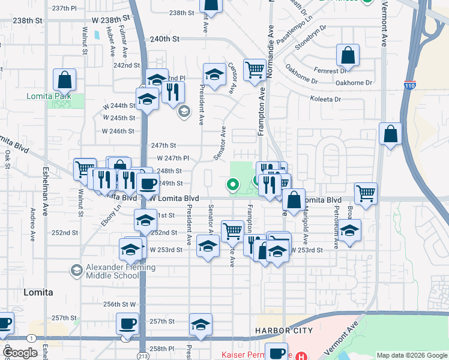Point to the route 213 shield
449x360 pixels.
125,339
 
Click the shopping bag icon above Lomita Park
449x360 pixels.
64,80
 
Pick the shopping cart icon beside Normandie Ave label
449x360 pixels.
255,70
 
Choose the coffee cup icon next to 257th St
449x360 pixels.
127,325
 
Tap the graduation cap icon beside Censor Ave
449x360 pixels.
214,75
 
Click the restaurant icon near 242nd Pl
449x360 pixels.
173,92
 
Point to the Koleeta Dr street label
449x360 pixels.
325,99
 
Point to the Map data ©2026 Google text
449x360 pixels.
411,355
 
